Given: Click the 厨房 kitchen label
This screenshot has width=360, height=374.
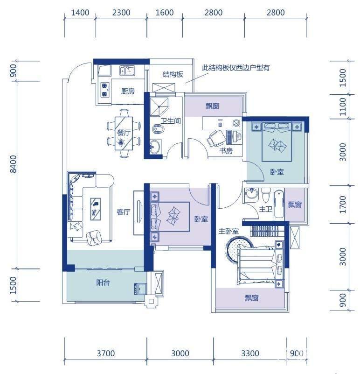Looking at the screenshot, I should pyautogui.click(x=128, y=91).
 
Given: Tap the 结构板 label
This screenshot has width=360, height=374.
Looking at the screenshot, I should pyautogui.click(x=173, y=74).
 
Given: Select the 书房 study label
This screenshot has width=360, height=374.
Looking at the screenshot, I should pyautogui.click(x=226, y=151).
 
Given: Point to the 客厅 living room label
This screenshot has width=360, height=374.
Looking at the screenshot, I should pyautogui.click(x=123, y=212).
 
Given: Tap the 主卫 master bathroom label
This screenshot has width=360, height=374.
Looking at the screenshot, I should pyautogui.click(x=265, y=209).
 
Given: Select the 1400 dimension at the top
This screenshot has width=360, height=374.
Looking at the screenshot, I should pyautogui.click(x=80, y=13).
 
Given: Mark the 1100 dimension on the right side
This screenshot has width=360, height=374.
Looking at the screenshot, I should pyautogui.click(x=343, y=106).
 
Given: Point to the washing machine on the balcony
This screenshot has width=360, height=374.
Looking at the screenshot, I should pyautogui.click(x=139, y=289).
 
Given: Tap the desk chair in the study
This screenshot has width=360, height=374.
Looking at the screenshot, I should pyautogui.click(x=216, y=138).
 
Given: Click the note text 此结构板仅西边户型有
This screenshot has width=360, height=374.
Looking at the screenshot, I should pyautogui.click(x=236, y=67).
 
